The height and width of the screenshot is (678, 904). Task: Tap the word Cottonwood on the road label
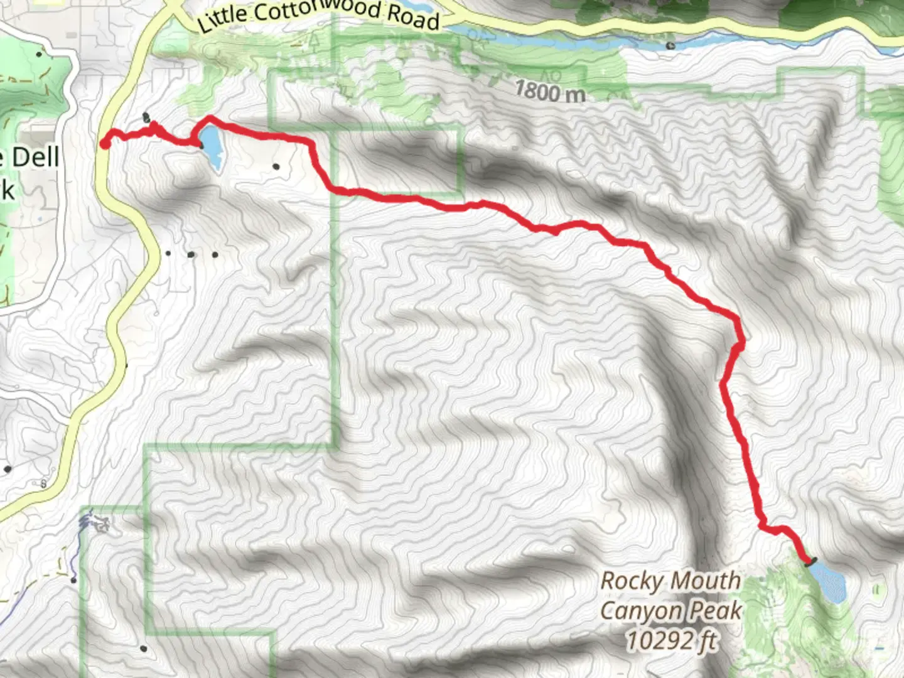pyautogui.click(x=317, y=10)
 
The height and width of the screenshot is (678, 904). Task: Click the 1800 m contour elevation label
pyautogui.click(x=550, y=92)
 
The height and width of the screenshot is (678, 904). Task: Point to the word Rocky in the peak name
pyautogui.click(x=631, y=581)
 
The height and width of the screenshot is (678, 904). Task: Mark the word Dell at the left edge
pyautogui.click(x=36, y=157)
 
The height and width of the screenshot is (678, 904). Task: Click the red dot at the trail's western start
pyautogui.click(x=105, y=144)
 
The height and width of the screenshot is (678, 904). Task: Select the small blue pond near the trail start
pyautogui.click(x=210, y=146)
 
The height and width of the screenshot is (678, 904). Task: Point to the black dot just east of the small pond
pyautogui.click(x=276, y=166)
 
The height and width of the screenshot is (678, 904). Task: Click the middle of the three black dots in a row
pyautogui.click(x=191, y=255)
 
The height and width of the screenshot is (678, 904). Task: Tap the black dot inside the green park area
pyautogui.click(x=41, y=54)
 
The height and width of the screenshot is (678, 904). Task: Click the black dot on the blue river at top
pyautogui.click(x=670, y=45)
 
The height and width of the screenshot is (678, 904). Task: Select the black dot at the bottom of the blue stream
pyautogui.click(x=74, y=580)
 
